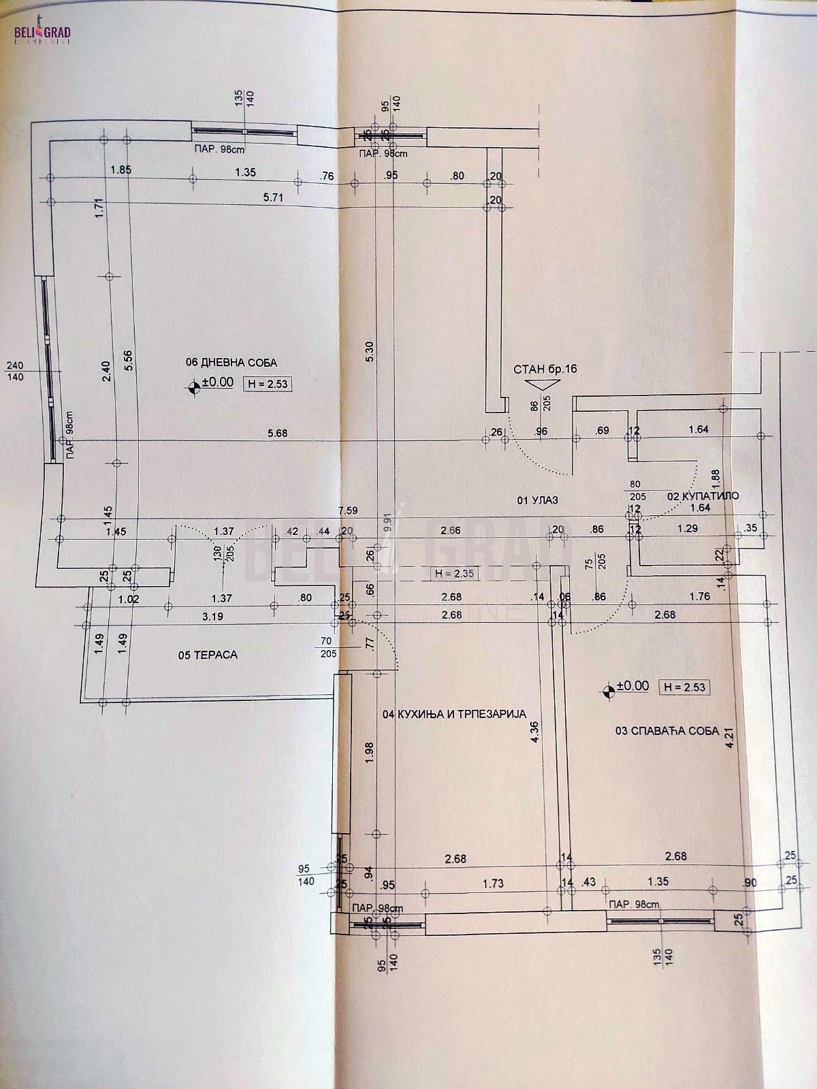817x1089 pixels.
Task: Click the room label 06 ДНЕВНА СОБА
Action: coord(231,363)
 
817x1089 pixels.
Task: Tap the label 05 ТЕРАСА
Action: coord(207,655)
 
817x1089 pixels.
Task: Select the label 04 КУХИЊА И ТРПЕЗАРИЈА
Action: coord(455,714)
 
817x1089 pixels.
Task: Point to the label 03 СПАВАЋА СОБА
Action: coord(667,731)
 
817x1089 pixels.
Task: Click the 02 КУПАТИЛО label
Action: coord(702,496)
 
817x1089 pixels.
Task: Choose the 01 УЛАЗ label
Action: coord(538,500)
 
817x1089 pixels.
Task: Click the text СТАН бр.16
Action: coord(545,369)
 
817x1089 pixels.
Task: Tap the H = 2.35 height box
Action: coord(454,574)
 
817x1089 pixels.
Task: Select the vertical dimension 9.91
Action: coord(387,525)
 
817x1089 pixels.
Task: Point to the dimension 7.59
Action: coord(348,510)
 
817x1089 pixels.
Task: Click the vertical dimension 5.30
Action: coord(369,350)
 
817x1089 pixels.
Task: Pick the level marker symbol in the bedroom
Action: coord(608,692)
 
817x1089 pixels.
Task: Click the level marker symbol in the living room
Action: coord(194,387)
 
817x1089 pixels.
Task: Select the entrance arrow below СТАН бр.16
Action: coord(543,385)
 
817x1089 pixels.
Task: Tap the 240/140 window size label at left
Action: coord(15,370)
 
